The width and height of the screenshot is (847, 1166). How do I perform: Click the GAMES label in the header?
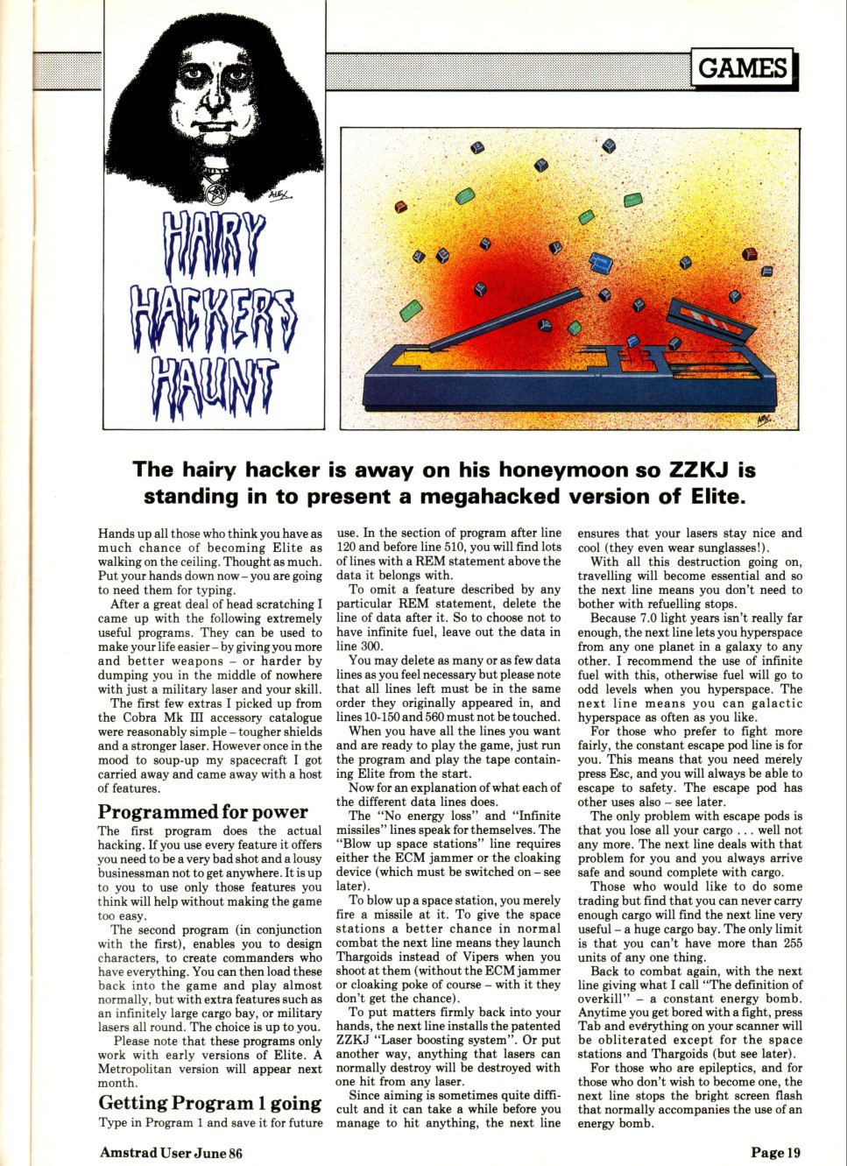pyautogui.click(x=742, y=67)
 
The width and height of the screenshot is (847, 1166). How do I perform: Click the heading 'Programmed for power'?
pyautogui.click(x=202, y=811)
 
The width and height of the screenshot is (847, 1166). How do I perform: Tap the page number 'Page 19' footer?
pyautogui.click(x=775, y=1153)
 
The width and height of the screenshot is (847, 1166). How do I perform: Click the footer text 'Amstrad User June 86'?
pyautogui.click(x=171, y=1153)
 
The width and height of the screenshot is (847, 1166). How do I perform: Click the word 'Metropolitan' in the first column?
pyautogui.click(x=138, y=1069)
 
